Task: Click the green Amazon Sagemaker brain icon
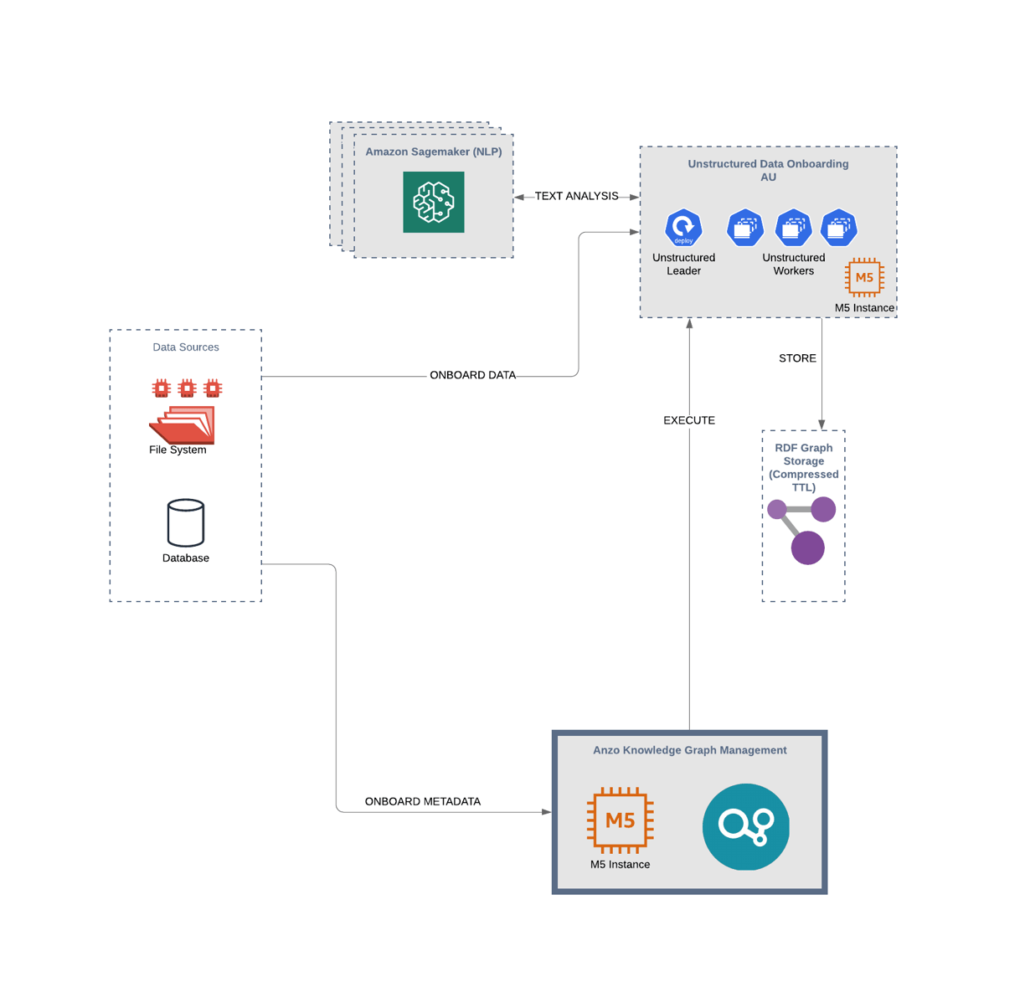coord(433,202)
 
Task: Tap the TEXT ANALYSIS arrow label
coord(576,196)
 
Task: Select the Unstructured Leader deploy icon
coord(683,228)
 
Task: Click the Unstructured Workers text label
coord(793,264)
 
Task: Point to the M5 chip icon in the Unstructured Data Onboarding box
coord(864,277)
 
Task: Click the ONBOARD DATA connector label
coord(472,375)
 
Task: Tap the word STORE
coord(797,358)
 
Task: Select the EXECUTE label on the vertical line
coord(689,420)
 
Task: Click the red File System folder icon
coord(182,424)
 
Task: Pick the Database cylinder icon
coord(185,522)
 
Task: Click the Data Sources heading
coord(185,347)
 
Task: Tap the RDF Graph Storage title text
coord(803,467)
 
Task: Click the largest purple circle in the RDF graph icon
coord(807,548)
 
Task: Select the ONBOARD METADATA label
coord(422,801)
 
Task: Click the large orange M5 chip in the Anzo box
coord(620,820)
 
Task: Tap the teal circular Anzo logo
coord(745,826)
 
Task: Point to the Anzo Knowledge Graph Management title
coord(689,750)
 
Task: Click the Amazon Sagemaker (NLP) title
coord(433,152)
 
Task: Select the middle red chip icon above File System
coord(187,388)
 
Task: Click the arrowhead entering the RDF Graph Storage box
coord(821,424)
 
